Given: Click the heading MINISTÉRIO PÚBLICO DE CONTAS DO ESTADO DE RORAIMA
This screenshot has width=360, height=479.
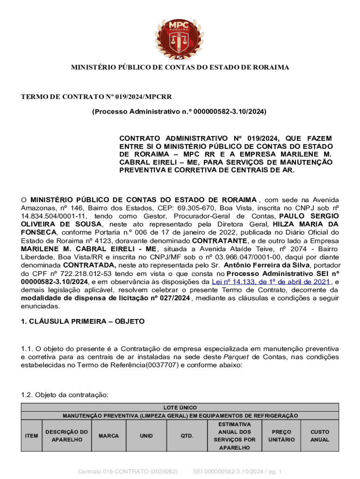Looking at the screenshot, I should (x=180, y=68).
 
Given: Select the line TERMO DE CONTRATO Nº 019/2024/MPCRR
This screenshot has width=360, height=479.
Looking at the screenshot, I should (x=96, y=97).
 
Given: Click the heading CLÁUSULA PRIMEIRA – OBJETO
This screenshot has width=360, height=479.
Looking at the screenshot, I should (x=83, y=322).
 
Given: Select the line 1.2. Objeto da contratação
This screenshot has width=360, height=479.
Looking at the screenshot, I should (x=65, y=395).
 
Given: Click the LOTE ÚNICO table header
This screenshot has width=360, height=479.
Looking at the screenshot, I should (x=180, y=408).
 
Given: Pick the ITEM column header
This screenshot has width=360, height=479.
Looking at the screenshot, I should (x=31, y=436).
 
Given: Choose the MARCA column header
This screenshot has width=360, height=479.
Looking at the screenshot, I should (x=108, y=436).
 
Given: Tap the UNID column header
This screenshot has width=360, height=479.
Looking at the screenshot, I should (x=146, y=436).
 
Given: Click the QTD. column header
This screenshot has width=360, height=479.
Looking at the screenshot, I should (x=187, y=436).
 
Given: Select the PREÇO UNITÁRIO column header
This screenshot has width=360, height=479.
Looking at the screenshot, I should (x=281, y=436).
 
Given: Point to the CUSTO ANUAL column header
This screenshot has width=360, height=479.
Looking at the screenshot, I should (x=320, y=436).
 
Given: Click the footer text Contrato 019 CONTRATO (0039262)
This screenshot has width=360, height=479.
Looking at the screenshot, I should (x=127, y=471).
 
